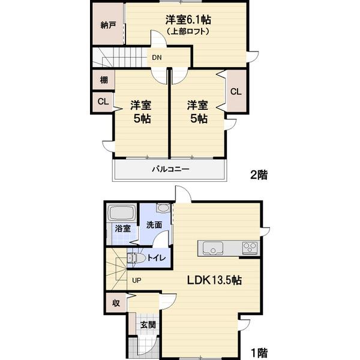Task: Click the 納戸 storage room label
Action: [108, 25]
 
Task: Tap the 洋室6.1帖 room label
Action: [188, 20]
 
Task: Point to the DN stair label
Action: [157, 58]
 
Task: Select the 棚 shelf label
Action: [104, 80]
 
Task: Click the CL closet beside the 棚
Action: [103, 101]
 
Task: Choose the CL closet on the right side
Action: [236, 92]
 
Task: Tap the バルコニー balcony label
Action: [171, 169]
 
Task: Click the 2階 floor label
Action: [259, 175]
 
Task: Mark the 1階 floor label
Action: [259, 353]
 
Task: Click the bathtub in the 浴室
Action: [121, 213]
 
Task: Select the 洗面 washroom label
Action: [154, 225]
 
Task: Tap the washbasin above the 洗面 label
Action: [163, 208]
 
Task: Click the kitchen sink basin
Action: [212, 248]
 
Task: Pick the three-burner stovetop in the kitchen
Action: [250, 247]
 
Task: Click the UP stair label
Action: [137, 280]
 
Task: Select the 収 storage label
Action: [116, 303]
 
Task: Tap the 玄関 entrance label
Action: [148, 325]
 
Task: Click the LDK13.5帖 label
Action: [214, 280]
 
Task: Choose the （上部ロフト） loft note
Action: [188, 31]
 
